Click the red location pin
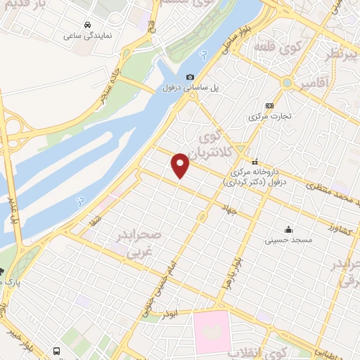[x=181, y=165]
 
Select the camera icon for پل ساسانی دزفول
[x=189, y=77]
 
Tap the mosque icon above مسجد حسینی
[x=288, y=229]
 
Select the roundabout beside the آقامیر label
[x=286, y=82]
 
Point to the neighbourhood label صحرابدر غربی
[x=141, y=243]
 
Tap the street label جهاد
[x=229, y=208]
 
